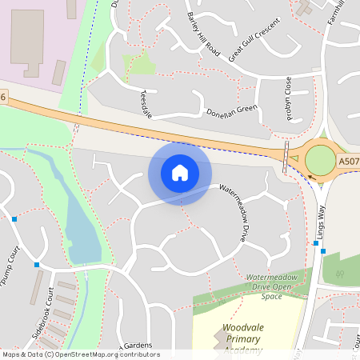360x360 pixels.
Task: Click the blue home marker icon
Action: tap(180, 173)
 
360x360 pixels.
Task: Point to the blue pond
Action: tap(80, 228)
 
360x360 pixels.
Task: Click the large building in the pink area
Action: tap(27, 43)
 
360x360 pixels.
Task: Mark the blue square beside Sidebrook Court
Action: tap(37, 264)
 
